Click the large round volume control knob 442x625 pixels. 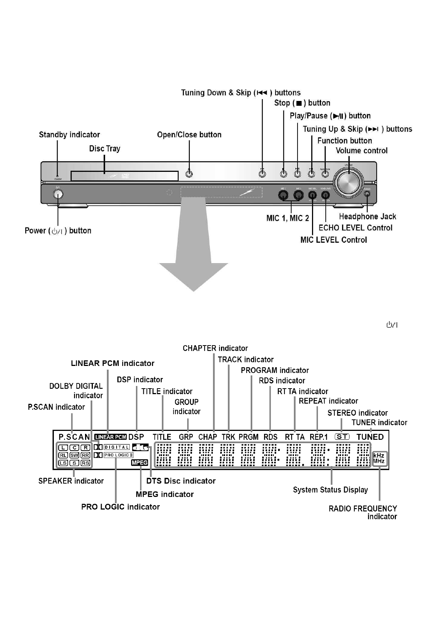[348, 181]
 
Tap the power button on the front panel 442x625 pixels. [58, 194]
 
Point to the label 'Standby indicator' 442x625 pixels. [69, 135]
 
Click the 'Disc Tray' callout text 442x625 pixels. [105, 149]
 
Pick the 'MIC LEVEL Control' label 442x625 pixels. [334, 240]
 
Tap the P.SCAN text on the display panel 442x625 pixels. [74, 437]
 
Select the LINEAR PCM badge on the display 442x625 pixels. [111, 437]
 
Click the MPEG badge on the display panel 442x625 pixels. [140, 462]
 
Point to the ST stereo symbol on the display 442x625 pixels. [342, 437]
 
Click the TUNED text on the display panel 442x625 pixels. [370, 437]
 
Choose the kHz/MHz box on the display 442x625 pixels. [379, 458]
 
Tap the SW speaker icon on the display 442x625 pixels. [74, 455]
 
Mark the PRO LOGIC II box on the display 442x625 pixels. [118, 455]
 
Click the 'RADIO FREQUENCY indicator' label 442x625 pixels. [363, 513]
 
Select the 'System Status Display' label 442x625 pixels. [330, 490]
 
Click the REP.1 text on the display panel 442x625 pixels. [319, 437]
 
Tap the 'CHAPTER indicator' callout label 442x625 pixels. [215, 349]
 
